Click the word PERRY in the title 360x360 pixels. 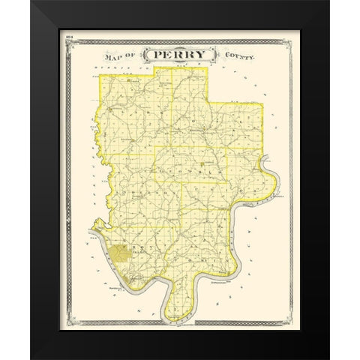180,56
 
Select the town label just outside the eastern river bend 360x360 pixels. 280,198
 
